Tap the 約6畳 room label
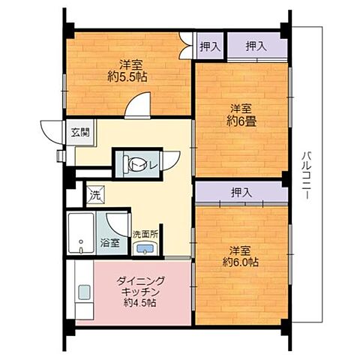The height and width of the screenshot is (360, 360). coord(241,114)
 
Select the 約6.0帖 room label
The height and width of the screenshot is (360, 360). coord(241,256)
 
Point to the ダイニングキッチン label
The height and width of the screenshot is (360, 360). coord(136,292)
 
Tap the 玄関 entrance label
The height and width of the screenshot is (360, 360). coord(79,132)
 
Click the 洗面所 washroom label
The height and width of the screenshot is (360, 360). coord(145,234)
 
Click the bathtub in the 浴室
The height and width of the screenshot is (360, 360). coord(80,235)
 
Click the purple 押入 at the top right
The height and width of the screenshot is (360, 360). coord(256,46)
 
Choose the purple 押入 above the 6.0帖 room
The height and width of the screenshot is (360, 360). coord(241,193)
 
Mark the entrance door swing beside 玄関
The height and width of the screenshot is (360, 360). coord(54,135)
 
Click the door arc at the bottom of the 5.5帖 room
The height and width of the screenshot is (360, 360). coord(138,109)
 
